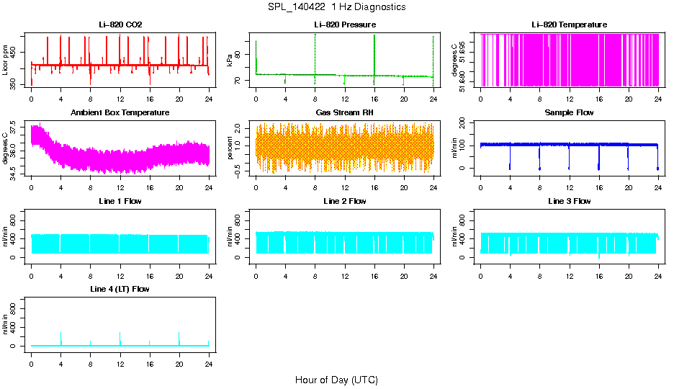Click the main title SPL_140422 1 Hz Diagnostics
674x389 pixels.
coord(336,7)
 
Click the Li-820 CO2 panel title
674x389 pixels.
coord(120,25)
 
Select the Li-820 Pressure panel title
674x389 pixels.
coord(344,25)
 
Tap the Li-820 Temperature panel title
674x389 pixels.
coord(569,25)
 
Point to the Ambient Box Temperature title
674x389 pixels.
coord(120,113)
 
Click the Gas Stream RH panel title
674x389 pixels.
coord(344,113)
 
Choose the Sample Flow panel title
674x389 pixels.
coord(569,113)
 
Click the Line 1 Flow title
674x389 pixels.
coord(120,201)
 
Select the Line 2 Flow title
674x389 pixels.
coord(344,201)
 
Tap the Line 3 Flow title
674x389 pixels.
coord(569,201)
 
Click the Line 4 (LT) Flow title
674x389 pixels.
coord(120,289)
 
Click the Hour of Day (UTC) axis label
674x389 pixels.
coord(336,380)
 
